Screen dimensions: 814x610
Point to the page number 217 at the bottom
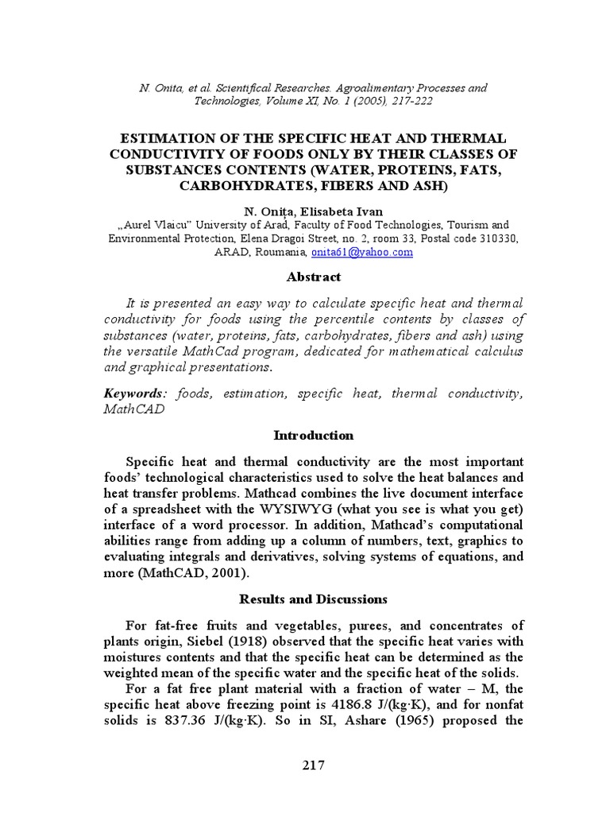[x=313, y=766]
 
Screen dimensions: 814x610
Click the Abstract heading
[x=313, y=277]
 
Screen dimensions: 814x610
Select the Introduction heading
[x=313, y=436]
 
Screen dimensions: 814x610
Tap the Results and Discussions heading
[x=313, y=599]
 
